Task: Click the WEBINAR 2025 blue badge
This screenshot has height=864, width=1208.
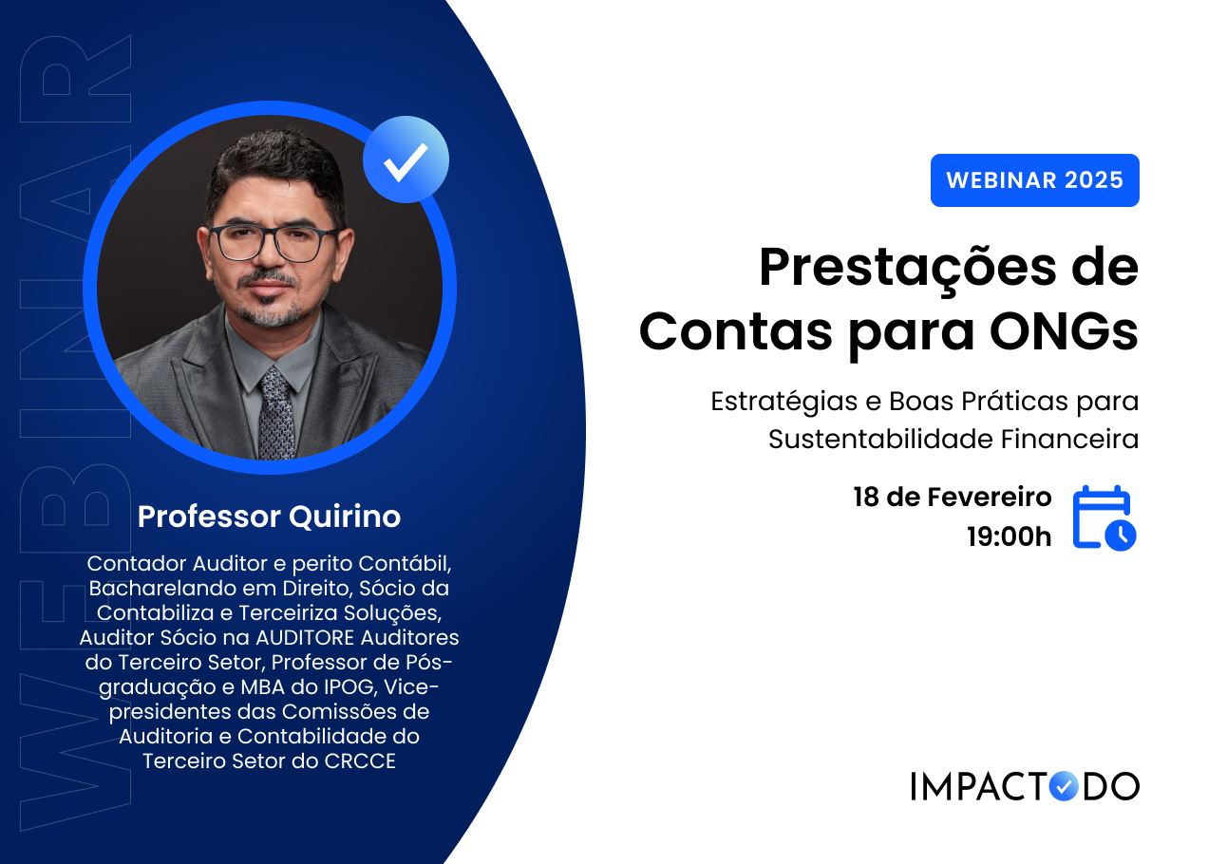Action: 1034,180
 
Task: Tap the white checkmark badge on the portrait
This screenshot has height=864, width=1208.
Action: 406,160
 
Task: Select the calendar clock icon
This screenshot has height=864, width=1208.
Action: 1104,517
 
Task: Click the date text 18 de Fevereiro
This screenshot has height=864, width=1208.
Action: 953,497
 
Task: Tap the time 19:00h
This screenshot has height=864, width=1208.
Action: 1009,536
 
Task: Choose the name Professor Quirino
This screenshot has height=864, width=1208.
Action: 269,517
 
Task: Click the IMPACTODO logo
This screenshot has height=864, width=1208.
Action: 1024,785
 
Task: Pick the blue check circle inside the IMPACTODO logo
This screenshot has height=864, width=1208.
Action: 1065,786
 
